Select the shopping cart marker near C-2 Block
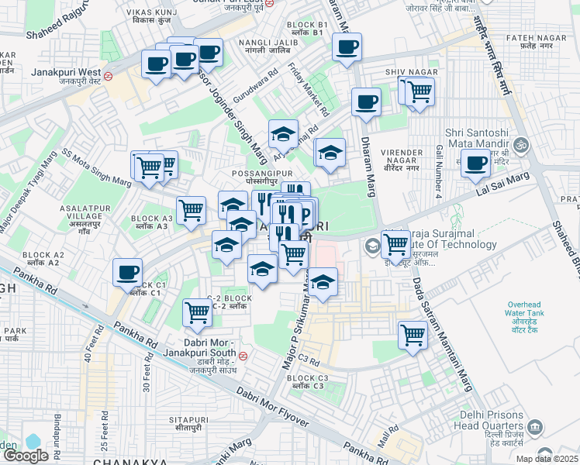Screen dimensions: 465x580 tap(196, 313)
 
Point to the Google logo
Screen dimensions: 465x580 tap(25, 455)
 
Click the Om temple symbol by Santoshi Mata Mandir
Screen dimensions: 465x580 tap(522, 144)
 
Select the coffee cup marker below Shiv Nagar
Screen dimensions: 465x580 tap(366, 102)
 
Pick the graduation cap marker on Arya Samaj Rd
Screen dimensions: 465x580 tap(284, 133)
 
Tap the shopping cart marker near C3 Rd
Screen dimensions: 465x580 tap(413, 336)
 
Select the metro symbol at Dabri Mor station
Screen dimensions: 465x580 tap(243, 356)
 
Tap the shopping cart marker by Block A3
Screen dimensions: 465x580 tap(191, 209)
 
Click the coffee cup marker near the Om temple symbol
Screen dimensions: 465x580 tap(475, 164)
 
